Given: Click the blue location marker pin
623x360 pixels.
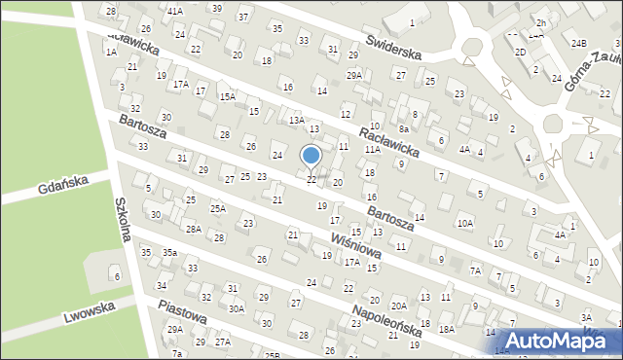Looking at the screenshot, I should point(311,156).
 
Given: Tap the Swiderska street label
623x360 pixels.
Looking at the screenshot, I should point(392,46).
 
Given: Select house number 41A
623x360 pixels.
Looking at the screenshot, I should point(175,10).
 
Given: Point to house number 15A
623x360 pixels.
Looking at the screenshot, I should point(227,96).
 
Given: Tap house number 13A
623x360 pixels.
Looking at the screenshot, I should point(296,119).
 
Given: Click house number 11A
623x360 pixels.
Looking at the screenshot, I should point(372,150).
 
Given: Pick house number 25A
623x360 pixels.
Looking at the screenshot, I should point(218,208).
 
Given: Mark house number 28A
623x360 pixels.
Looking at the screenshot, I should point(194,230).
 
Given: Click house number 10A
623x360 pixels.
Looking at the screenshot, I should point(465,223).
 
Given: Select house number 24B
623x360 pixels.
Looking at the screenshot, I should point(579,44).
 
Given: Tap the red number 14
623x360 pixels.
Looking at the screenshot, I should point(420,216).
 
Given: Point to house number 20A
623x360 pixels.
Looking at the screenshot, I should point(398,306).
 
